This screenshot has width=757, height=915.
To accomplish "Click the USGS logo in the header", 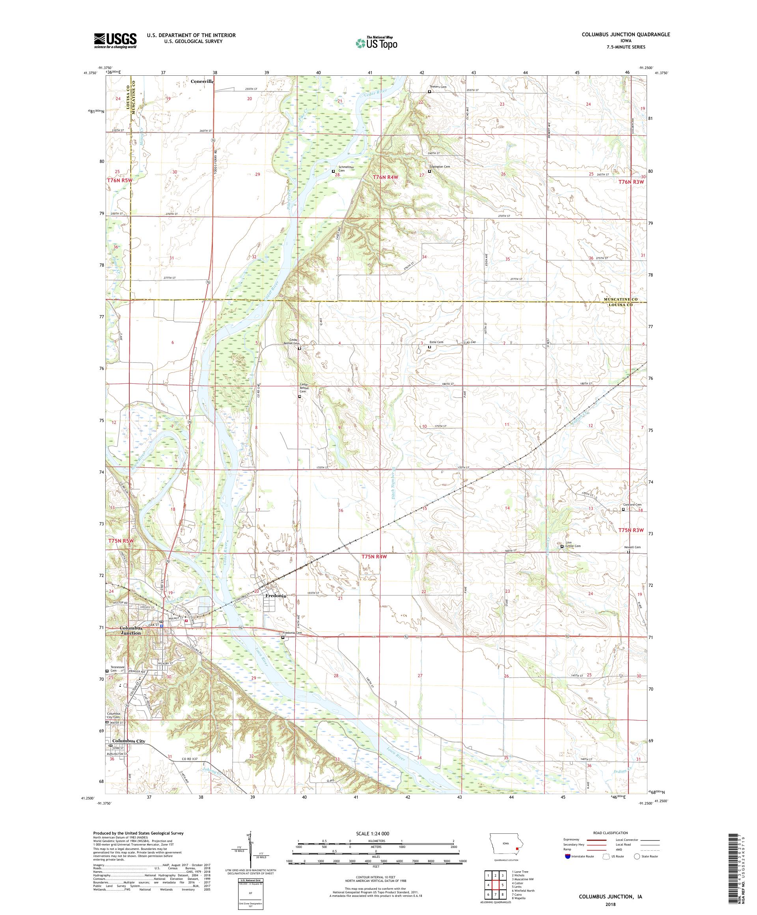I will (115, 41).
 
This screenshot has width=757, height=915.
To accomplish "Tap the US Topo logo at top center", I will (377, 43).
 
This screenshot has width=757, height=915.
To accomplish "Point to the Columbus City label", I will (129, 741).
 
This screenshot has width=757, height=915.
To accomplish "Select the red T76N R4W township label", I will (386, 177).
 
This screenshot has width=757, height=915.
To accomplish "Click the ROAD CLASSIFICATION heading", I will (608, 833).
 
